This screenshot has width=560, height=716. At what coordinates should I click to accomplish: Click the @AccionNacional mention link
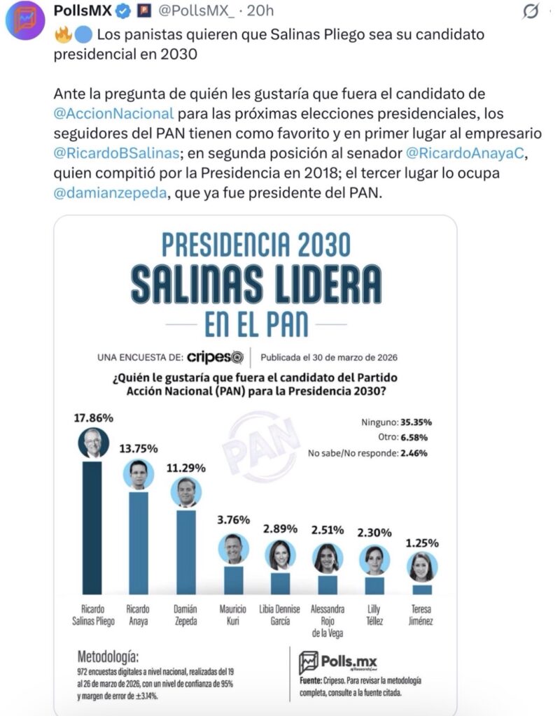click(x=113, y=113)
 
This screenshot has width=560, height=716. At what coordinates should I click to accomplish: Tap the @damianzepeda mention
click(x=110, y=194)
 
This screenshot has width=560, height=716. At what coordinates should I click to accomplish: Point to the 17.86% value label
click(x=94, y=418)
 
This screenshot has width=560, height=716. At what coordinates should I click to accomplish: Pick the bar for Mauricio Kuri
click(x=233, y=580)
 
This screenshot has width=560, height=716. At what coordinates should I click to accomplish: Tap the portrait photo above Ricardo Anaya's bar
click(x=139, y=475)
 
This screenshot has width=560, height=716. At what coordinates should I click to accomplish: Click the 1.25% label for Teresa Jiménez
click(x=421, y=543)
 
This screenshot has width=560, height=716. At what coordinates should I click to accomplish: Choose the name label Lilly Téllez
click(x=374, y=615)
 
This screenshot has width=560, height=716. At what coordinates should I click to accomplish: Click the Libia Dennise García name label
click(x=280, y=615)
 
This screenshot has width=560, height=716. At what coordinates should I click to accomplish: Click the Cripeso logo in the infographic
click(x=215, y=357)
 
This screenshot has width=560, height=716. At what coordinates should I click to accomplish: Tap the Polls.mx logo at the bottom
click(x=337, y=662)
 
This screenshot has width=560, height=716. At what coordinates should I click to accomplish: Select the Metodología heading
click(x=108, y=657)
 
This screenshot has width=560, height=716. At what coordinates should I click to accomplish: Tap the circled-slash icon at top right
click(x=531, y=12)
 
